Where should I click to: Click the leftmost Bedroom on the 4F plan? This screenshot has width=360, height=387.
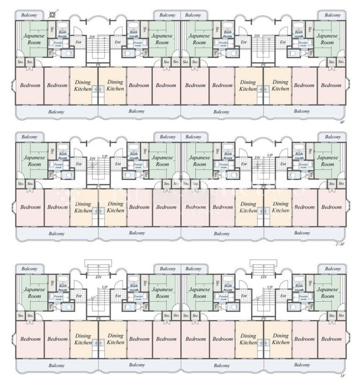[x=30, y=86]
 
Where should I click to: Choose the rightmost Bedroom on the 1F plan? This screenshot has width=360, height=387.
[x=331, y=339]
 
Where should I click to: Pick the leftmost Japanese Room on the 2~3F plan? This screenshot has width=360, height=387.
[x=34, y=161]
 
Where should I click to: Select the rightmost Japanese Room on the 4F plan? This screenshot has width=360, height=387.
[x=327, y=39]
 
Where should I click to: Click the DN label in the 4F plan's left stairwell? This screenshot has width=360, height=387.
[x=92, y=36]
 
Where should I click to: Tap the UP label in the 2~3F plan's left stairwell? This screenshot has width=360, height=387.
[x=105, y=156]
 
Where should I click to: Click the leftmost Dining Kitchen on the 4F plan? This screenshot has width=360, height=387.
[x=83, y=86]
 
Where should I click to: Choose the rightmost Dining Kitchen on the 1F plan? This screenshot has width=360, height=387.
[x=280, y=339]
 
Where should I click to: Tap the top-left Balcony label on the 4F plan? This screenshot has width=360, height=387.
[x=29, y=15]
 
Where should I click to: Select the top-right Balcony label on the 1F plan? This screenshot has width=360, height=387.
[x=332, y=268]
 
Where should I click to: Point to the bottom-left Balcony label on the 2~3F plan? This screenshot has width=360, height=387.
[x=57, y=233]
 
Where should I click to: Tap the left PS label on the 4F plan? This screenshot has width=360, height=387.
[x=99, y=65]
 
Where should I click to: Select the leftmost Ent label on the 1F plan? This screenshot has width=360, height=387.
[x=78, y=296]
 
